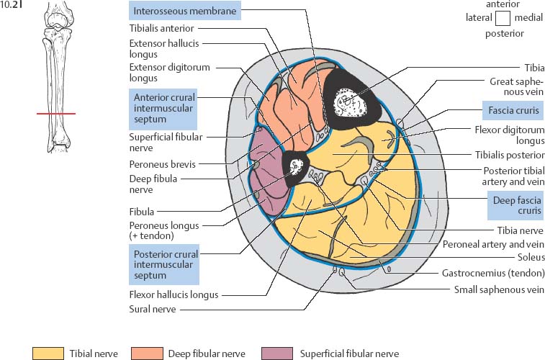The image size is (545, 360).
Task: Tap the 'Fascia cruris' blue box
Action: point(511,111)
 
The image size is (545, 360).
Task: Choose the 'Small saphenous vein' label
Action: point(499,289)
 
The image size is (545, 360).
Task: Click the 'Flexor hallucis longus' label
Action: point(174,294)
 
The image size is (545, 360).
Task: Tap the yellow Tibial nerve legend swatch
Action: point(48,353)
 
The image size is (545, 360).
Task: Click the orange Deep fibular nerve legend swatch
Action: point(147,353)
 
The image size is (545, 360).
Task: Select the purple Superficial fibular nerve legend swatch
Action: point(279,353)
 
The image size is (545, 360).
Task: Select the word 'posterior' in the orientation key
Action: point(503,33)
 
